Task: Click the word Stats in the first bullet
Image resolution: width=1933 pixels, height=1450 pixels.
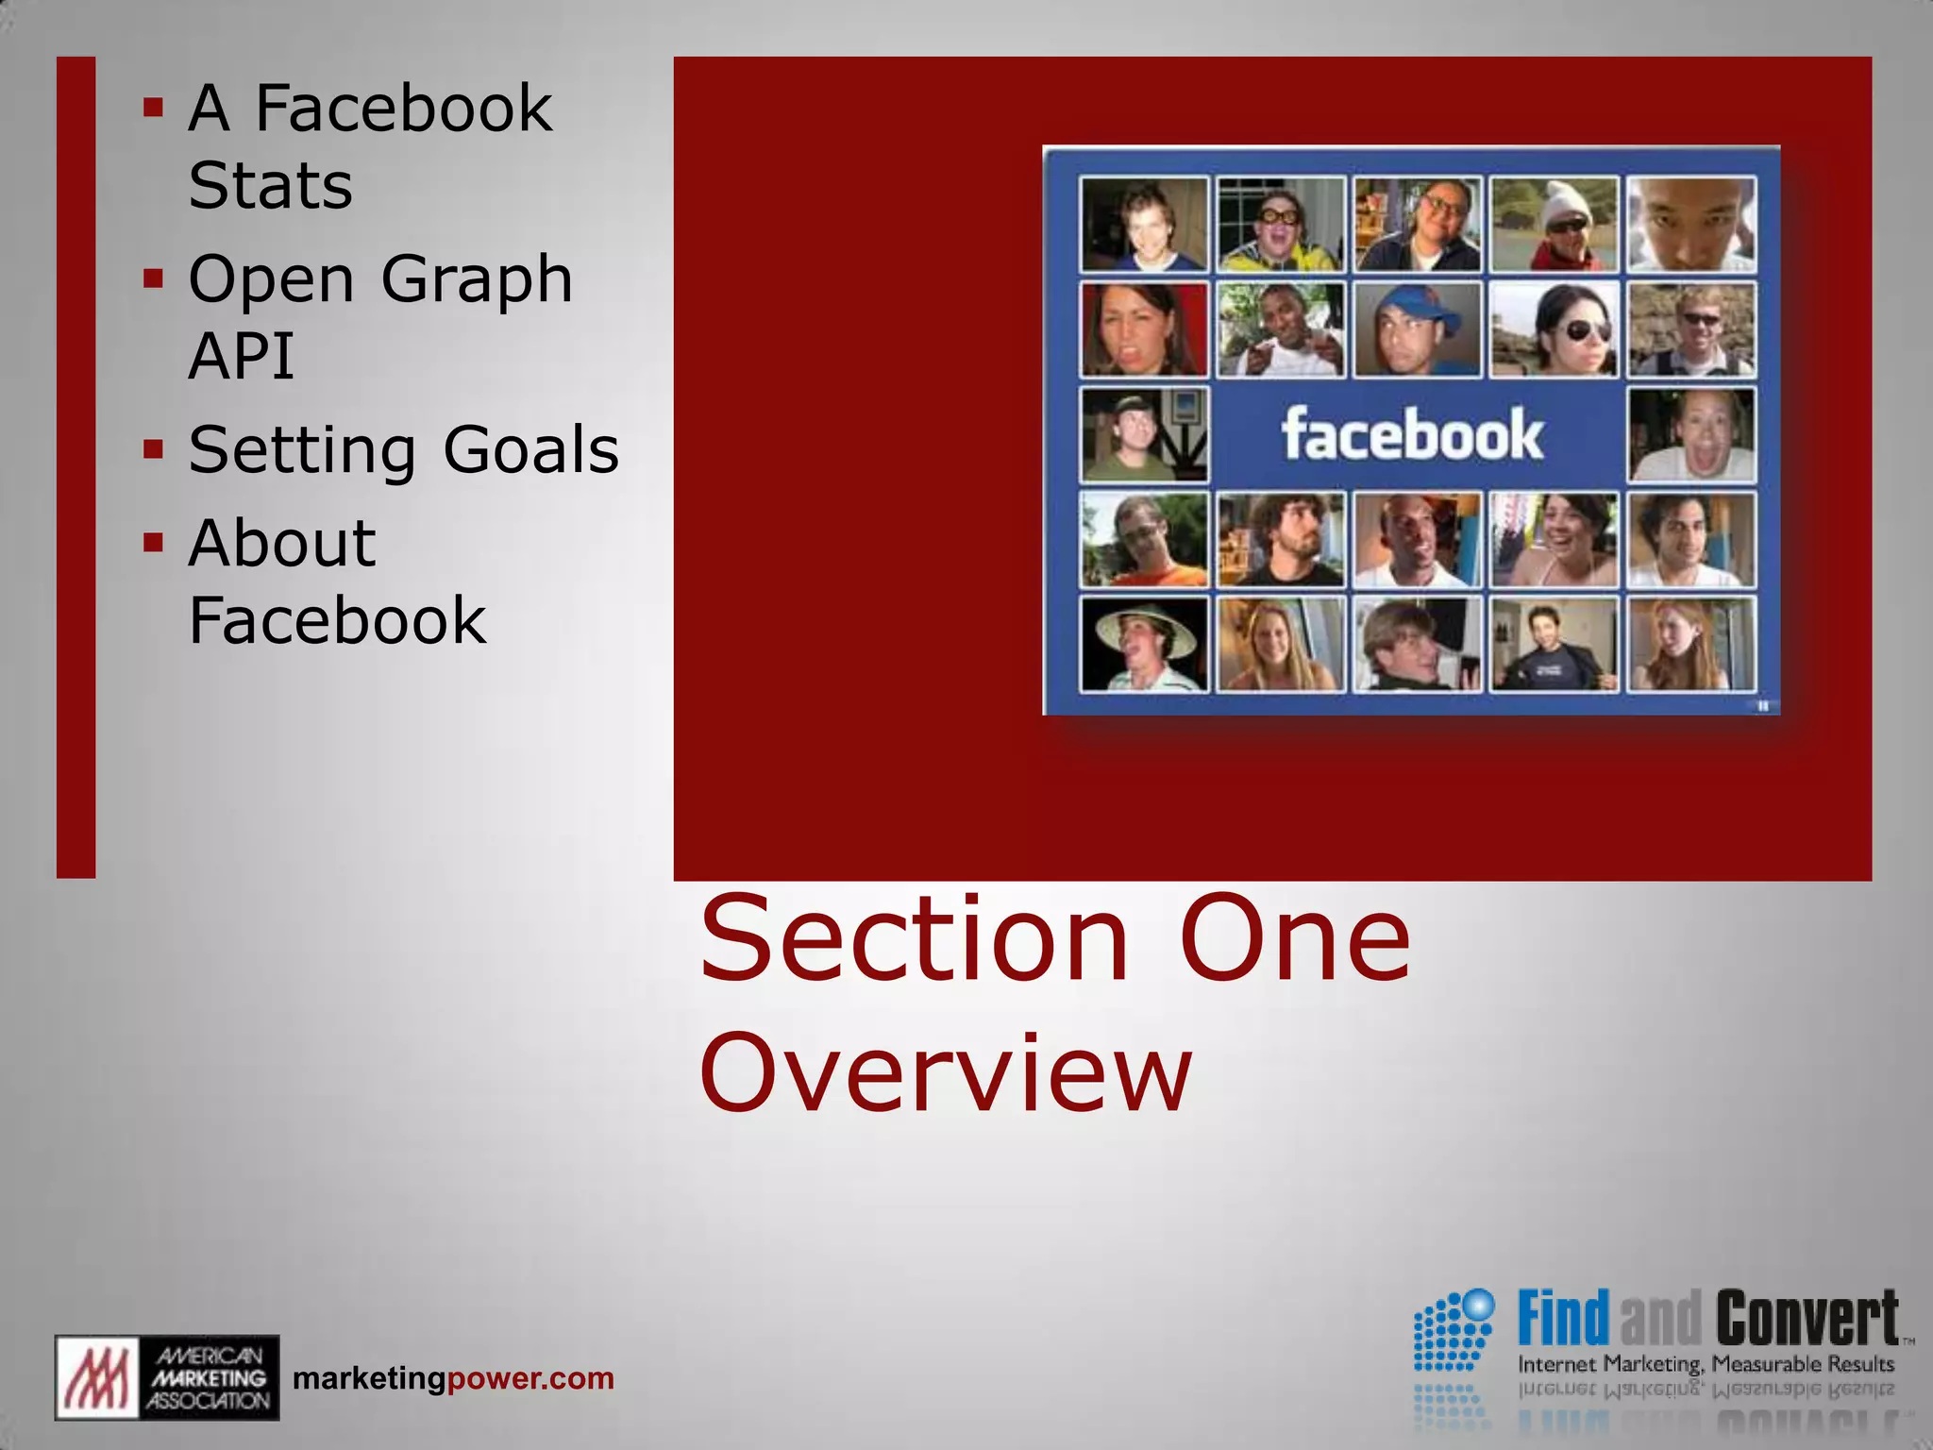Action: tap(270, 185)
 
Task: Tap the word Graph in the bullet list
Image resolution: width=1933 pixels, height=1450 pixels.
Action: tap(477, 279)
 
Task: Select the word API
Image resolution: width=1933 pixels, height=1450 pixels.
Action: tap(242, 356)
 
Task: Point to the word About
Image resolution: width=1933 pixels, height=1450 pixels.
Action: tap(281, 544)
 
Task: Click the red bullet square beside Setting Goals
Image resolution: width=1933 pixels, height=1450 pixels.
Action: tap(153, 448)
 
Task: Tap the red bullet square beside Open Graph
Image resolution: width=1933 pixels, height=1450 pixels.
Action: tap(153, 278)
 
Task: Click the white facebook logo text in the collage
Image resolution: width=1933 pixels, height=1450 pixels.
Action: tap(1412, 435)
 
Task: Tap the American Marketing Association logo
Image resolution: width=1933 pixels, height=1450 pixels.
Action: tap(167, 1377)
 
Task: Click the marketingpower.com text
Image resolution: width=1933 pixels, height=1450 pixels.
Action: tap(453, 1378)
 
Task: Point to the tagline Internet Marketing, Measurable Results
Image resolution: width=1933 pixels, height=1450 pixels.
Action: tap(1706, 1364)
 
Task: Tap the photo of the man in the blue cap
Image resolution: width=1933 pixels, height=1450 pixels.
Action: tap(1417, 330)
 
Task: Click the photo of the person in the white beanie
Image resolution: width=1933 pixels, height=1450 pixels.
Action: tap(1554, 225)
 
